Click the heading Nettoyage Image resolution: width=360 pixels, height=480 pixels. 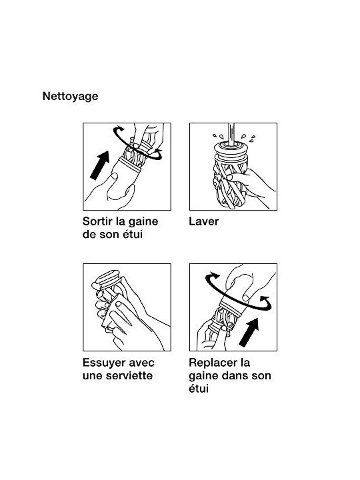click(x=71, y=96)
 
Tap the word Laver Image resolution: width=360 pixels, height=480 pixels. click(x=203, y=221)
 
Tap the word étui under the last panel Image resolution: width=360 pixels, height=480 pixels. click(x=199, y=389)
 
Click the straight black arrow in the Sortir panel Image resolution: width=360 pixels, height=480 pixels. click(x=100, y=165)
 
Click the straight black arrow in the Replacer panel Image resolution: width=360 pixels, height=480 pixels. click(x=249, y=333)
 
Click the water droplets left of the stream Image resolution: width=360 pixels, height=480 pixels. click(x=218, y=136)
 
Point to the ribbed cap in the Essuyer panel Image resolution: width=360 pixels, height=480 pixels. click(x=107, y=278)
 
